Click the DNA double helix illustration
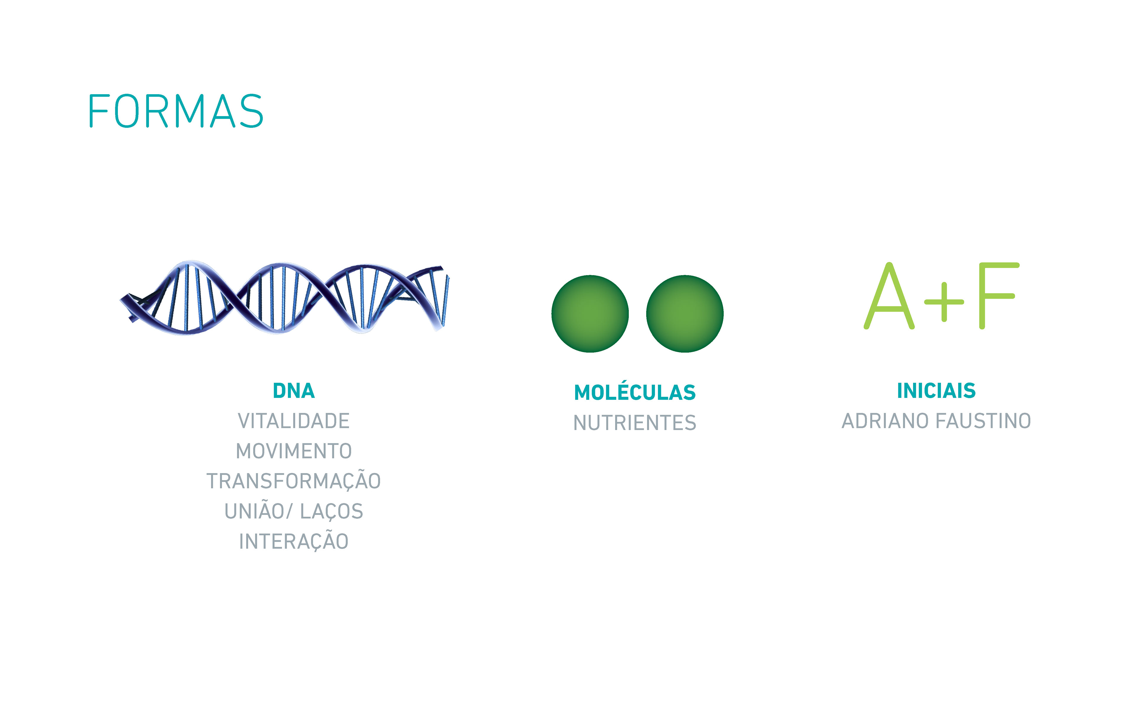[285, 297]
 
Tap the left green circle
[590, 314]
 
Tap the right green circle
[685, 314]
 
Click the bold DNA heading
[294, 391]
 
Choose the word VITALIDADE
[294, 421]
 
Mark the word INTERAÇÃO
[294, 540]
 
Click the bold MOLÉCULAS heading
[635, 391]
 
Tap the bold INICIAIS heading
[936, 391]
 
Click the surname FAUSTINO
[983, 421]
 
